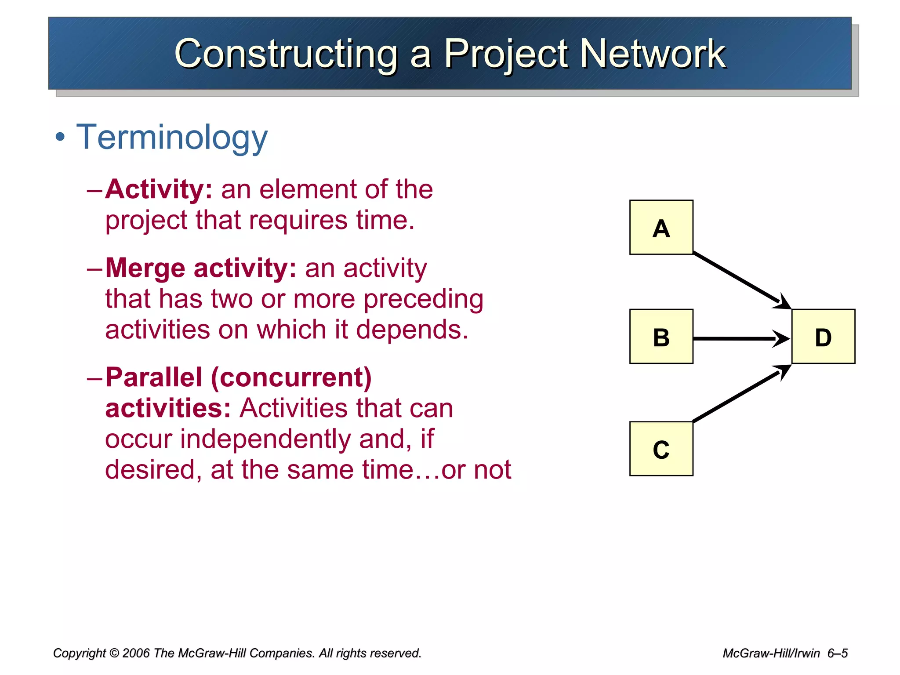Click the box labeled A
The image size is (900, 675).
(x=661, y=227)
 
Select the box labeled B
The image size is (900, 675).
(x=661, y=336)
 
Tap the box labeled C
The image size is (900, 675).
(x=661, y=449)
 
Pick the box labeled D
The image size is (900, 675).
(x=823, y=336)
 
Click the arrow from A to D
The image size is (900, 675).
(x=738, y=279)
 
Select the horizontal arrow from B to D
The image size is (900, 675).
(x=738, y=339)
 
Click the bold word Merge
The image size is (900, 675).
(x=145, y=268)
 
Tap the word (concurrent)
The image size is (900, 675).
(x=291, y=378)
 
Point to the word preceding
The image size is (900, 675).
(x=423, y=300)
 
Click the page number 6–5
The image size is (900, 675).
(x=837, y=653)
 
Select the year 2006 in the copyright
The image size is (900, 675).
(x=137, y=653)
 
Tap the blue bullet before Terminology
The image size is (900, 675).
(x=60, y=138)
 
